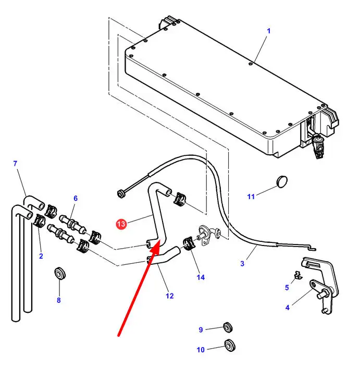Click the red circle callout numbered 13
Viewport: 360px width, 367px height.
click(x=121, y=224)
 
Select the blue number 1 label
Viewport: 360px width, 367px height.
click(x=268, y=31)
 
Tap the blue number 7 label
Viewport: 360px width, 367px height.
click(x=16, y=163)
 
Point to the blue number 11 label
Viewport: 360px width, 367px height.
click(x=251, y=197)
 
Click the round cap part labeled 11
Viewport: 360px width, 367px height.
click(x=282, y=182)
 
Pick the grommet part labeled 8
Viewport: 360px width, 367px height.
click(x=59, y=273)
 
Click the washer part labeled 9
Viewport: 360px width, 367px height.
click(x=228, y=327)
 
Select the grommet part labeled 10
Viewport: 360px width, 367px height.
click(x=230, y=345)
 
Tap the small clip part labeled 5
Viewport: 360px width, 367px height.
click(x=298, y=275)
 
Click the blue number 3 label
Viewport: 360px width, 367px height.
click(x=242, y=264)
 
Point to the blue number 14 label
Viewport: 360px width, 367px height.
click(x=201, y=277)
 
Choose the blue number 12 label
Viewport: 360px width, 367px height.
click(x=170, y=296)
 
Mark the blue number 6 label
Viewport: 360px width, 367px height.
click(x=76, y=198)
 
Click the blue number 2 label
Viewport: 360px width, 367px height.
click(x=41, y=256)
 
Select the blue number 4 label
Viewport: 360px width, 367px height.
click(x=288, y=308)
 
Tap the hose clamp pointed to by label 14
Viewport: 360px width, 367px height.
click(x=188, y=243)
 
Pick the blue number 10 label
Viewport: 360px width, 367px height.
click(x=201, y=350)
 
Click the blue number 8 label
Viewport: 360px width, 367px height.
click(x=59, y=300)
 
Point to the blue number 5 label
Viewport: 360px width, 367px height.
click(x=287, y=287)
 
